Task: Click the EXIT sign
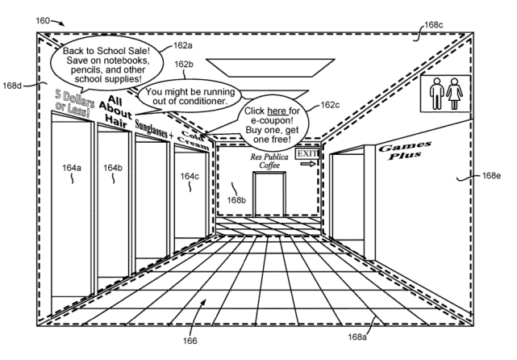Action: [x=306, y=153]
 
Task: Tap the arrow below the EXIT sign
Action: [x=306, y=164]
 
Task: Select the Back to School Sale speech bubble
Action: [x=99, y=58]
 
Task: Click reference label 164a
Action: [x=72, y=168]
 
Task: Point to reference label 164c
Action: [x=190, y=176]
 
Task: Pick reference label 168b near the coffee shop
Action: [x=236, y=200]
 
